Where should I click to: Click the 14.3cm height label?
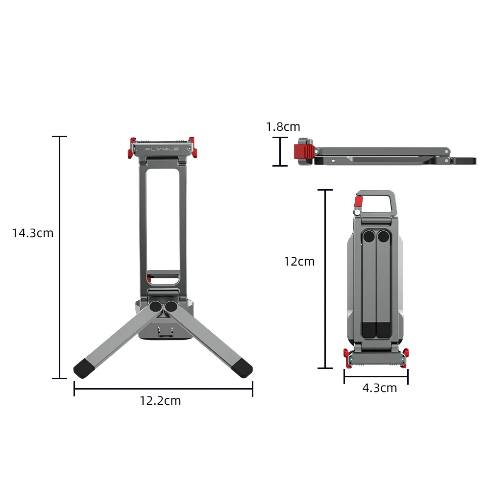33,233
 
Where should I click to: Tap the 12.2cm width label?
160,401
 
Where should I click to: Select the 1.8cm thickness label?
283,127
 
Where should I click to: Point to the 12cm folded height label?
299,262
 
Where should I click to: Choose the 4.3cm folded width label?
379,388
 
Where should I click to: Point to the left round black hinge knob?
155,307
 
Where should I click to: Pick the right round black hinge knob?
171,307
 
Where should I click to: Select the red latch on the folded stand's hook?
358,203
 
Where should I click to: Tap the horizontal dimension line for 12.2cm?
163,389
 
